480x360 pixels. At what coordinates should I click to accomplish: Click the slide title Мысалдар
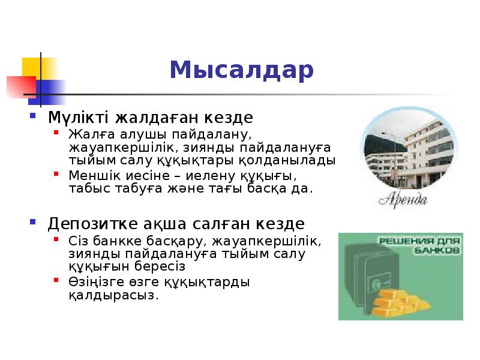click(241, 70)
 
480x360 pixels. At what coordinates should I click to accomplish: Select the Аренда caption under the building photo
click(403, 199)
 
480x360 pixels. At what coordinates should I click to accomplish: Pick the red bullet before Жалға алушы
click(56, 132)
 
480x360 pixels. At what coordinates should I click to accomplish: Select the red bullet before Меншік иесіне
click(56, 175)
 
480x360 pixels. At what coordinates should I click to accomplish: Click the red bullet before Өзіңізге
click(56, 280)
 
